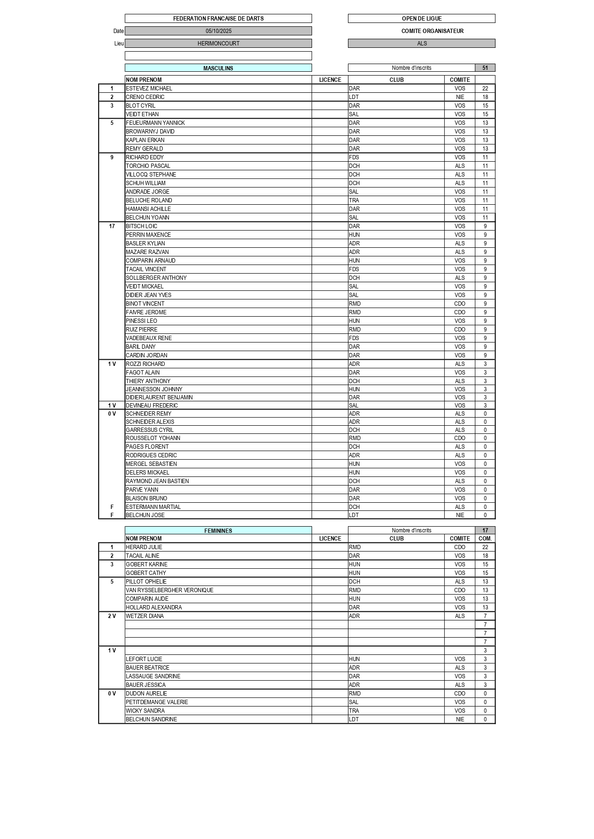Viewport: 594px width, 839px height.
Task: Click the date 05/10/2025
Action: [218, 31]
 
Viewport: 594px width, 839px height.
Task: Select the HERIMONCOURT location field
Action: [218, 44]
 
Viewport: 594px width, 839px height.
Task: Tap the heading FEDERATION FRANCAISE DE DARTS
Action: [218, 19]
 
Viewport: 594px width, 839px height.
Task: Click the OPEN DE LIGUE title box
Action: [421, 19]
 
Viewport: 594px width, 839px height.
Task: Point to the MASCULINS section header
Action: [218, 68]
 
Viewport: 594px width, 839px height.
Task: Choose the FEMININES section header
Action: [218, 531]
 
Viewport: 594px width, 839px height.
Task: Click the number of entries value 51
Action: [485, 68]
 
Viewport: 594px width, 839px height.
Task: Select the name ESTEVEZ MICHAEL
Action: [149, 88]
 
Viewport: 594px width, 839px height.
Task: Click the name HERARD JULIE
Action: [144, 547]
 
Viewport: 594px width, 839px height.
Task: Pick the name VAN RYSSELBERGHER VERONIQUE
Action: [169, 590]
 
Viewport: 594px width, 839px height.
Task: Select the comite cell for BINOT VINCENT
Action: [460, 304]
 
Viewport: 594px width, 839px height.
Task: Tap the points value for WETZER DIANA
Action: [485, 616]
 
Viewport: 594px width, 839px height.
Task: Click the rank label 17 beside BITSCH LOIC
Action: [112, 226]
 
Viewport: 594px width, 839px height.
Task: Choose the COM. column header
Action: [485, 539]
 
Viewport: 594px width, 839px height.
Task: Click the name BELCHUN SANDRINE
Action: [151, 719]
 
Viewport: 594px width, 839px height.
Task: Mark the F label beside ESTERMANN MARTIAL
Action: [112, 507]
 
